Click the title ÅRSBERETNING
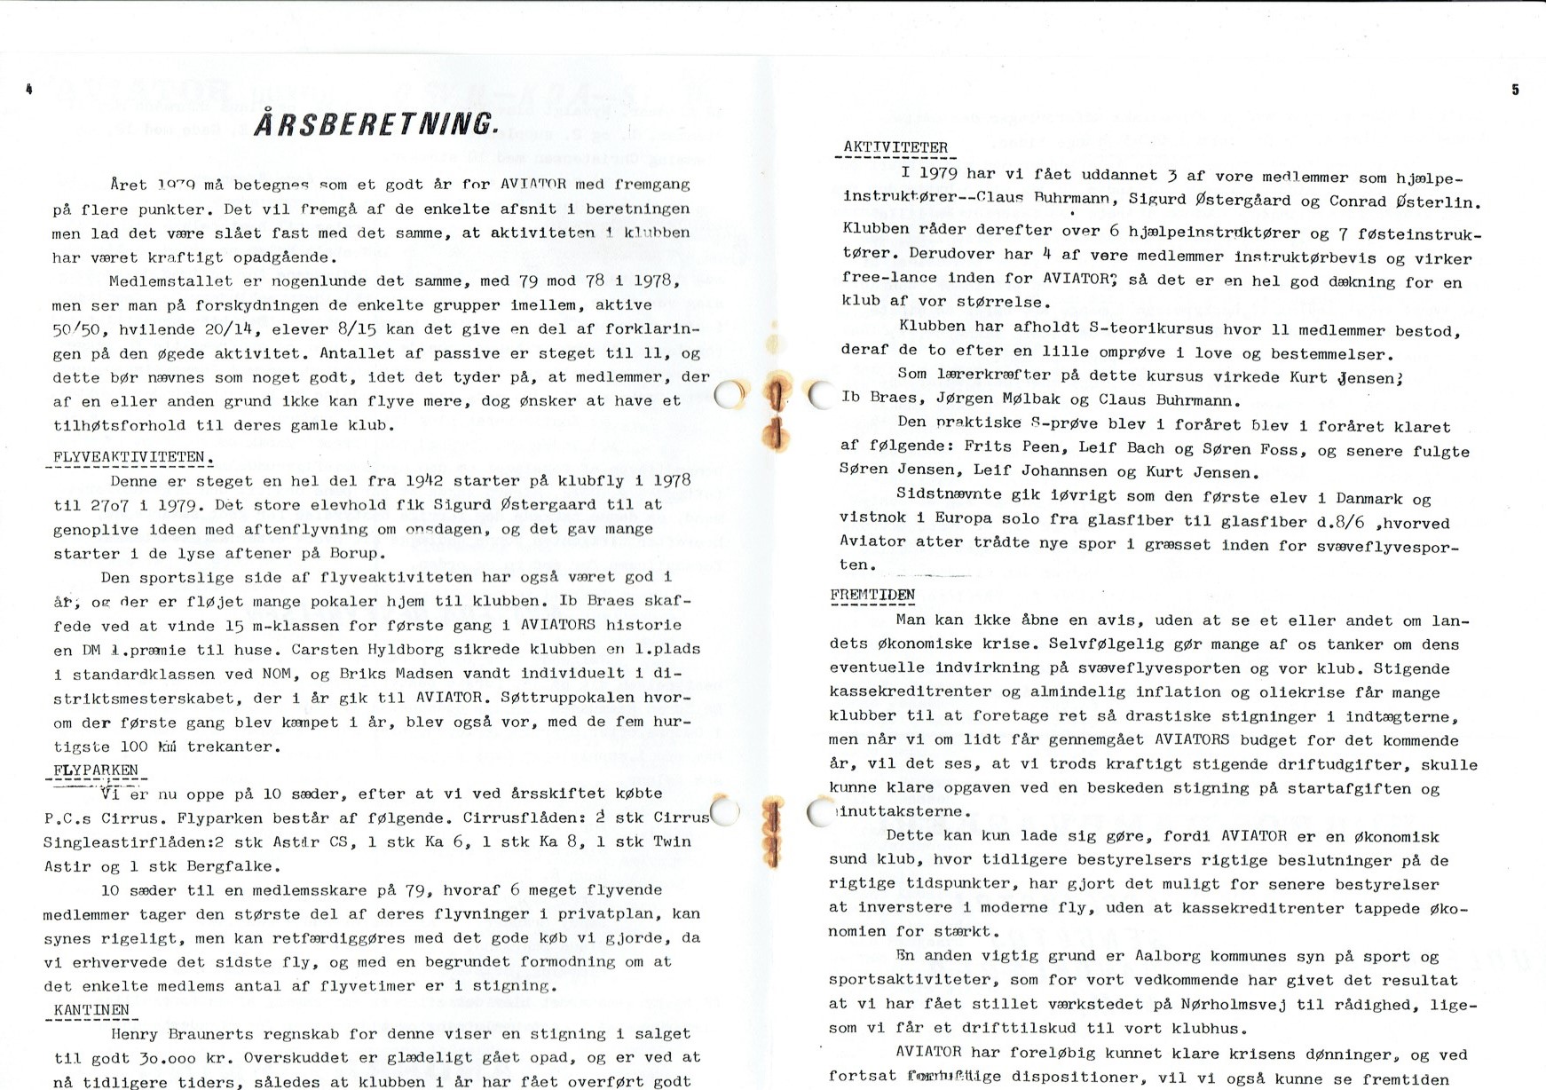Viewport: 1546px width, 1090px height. point(375,123)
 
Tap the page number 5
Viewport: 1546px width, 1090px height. point(1515,90)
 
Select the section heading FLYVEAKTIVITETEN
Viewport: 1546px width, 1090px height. point(130,458)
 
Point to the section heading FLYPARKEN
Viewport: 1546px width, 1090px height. point(96,770)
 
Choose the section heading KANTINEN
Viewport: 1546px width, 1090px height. point(91,1010)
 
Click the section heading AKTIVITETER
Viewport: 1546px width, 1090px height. point(895,148)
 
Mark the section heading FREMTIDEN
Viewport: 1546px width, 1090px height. point(873,595)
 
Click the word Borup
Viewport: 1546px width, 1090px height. point(357,553)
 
